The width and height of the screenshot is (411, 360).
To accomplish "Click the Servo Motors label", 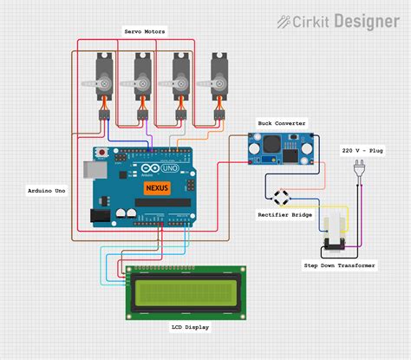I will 144,32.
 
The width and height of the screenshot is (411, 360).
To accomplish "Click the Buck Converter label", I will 282,124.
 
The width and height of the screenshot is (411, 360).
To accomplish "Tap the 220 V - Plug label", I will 362,150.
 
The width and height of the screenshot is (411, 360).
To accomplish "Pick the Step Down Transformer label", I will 340,265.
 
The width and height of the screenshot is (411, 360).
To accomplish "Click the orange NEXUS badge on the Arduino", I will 157,187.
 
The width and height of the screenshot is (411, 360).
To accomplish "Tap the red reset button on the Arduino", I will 105,154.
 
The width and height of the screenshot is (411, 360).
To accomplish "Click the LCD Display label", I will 189,327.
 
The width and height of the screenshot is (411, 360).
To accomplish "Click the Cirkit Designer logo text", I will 339,22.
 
